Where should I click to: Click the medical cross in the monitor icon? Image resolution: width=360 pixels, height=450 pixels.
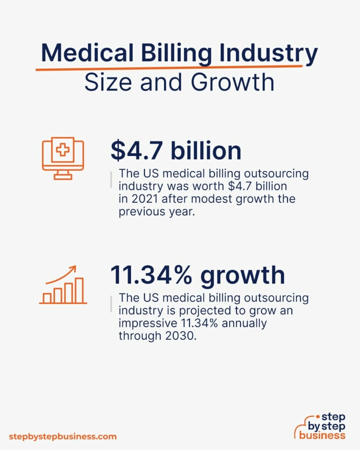pos(62,151)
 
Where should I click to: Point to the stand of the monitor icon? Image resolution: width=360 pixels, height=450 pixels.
pos(63,174)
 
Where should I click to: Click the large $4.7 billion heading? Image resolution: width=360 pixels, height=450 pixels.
pos(176,151)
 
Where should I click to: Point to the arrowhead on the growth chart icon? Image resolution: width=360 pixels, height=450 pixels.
pos(73,268)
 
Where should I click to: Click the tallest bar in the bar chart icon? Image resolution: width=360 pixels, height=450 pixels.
pos(79,290)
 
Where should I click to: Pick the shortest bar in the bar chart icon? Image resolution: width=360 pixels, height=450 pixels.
pos(47,298)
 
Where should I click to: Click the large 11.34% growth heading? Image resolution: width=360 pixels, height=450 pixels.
pos(197,275)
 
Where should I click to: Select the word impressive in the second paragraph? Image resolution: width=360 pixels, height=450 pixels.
pos(147,323)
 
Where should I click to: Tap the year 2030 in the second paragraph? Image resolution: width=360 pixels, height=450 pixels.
pos(169,336)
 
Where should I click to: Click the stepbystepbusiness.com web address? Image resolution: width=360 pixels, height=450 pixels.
pos(63,436)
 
